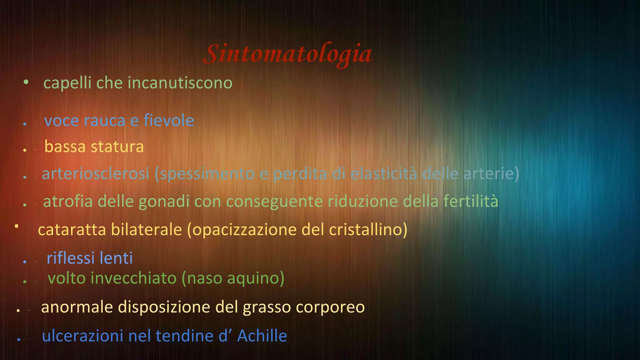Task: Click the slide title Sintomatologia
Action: (x=287, y=54)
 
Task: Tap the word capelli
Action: (x=67, y=83)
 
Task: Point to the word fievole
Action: (x=169, y=121)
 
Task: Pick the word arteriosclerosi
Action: (x=96, y=174)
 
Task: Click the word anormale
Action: (x=77, y=307)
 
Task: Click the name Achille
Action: (x=262, y=336)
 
